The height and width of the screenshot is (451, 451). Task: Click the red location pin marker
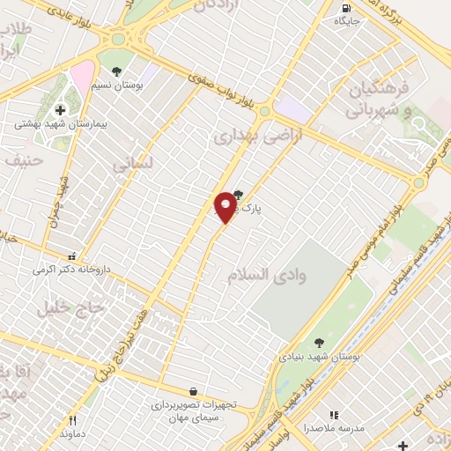[x=225, y=206]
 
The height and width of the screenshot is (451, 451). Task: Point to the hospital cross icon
[x=60, y=110]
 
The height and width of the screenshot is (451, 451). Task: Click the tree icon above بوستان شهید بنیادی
[x=318, y=344]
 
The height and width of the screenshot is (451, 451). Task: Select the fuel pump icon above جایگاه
[x=343, y=9]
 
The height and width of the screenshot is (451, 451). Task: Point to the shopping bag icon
[x=193, y=390]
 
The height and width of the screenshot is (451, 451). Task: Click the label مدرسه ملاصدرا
[x=333, y=427]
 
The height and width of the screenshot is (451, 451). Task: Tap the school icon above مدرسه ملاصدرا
[x=333, y=414]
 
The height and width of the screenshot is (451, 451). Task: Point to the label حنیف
[x=26, y=160]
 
